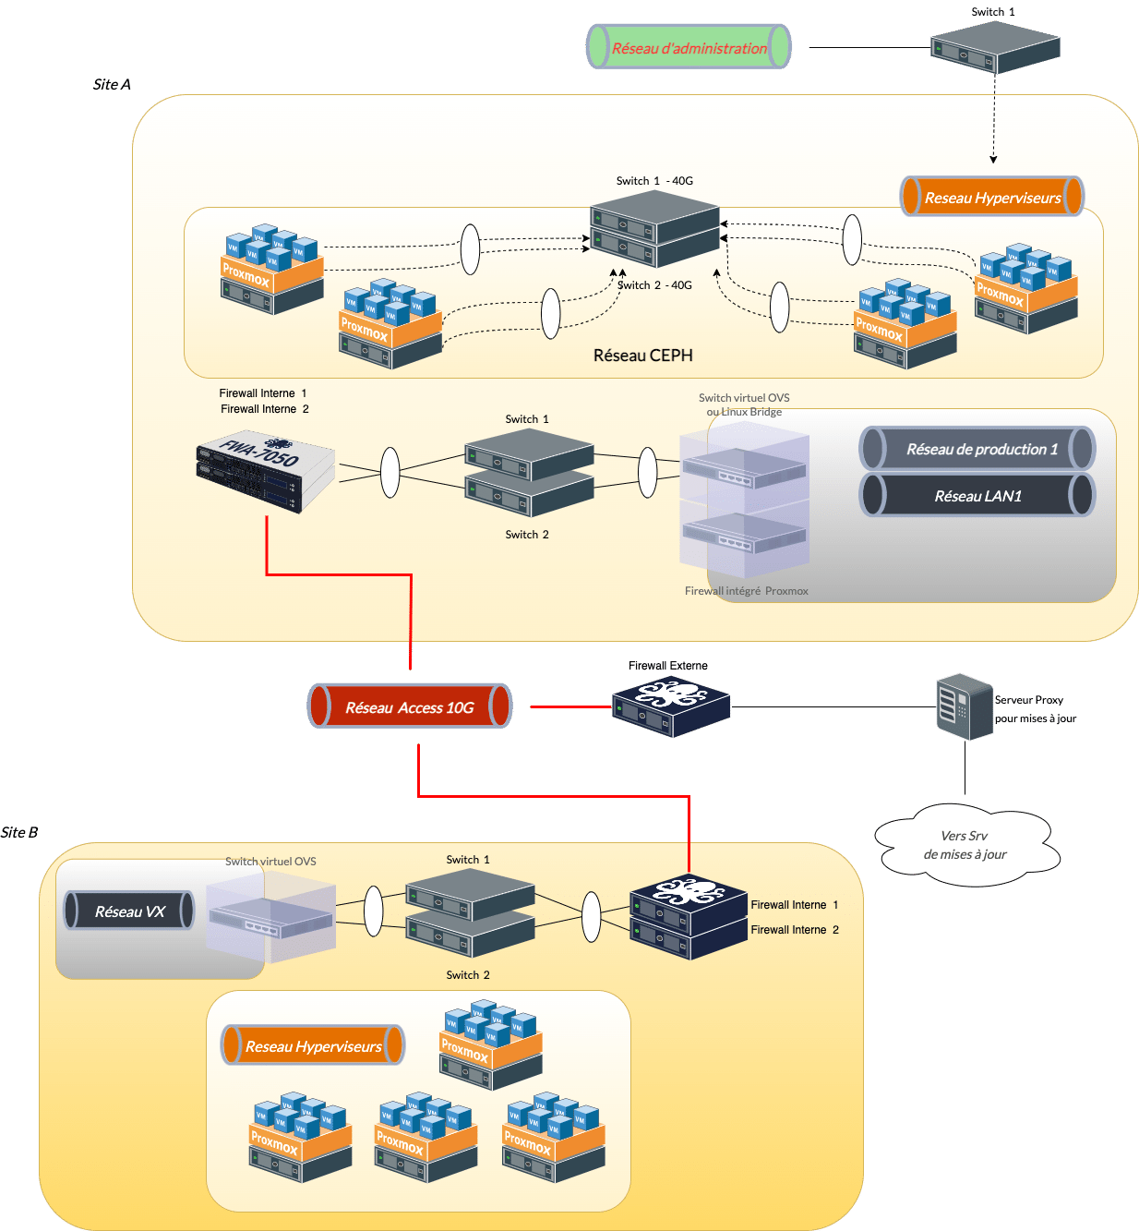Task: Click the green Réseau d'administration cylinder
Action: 689,47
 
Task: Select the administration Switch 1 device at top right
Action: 994,48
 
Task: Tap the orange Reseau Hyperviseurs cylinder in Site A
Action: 992,197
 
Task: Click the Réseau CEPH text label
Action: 642,356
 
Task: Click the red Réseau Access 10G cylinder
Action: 410,706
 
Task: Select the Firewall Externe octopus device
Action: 671,706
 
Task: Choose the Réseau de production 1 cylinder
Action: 977,449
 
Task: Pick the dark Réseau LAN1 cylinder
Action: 977,496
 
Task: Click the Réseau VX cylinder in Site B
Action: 129,911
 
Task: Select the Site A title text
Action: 112,84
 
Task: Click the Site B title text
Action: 19,832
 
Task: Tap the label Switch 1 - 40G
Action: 654,181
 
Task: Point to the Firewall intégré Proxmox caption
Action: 746,591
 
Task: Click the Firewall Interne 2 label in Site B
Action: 794,930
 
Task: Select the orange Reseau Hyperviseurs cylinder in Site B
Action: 313,1046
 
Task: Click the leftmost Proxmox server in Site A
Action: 272,270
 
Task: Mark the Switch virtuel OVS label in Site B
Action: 270,862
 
